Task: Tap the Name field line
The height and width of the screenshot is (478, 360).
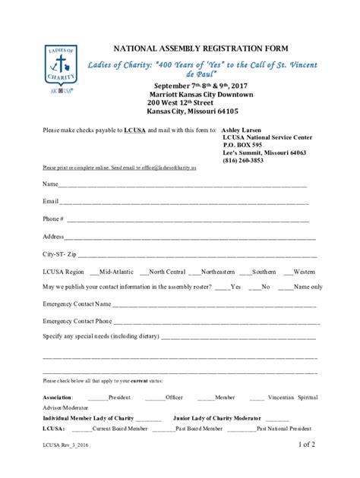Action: click(x=182, y=185)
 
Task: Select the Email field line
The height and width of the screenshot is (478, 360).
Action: click(x=182, y=203)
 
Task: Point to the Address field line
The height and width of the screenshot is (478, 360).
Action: click(x=190, y=237)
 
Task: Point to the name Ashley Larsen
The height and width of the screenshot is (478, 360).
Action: click(x=243, y=130)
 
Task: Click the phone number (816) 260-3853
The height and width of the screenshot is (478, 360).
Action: click(x=243, y=160)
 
